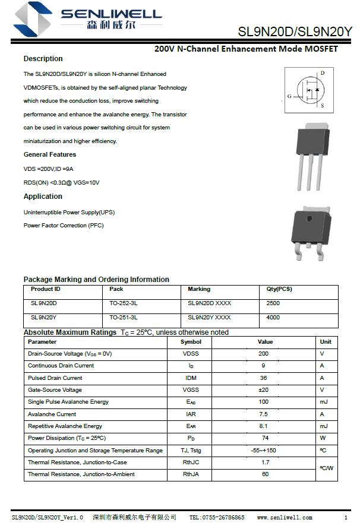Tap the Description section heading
[43, 59]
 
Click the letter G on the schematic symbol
[289, 96]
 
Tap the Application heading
[43, 197]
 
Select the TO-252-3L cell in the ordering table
[124, 303]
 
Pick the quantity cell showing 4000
[273, 318]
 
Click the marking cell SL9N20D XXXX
[210, 303]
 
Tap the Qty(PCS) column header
[279, 289]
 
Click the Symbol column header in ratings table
[191, 342]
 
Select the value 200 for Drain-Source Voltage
[263, 354]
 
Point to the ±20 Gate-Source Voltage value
[263, 390]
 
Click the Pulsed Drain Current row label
[55, 378]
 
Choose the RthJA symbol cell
[191, 474]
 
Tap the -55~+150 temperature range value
[263, 451]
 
